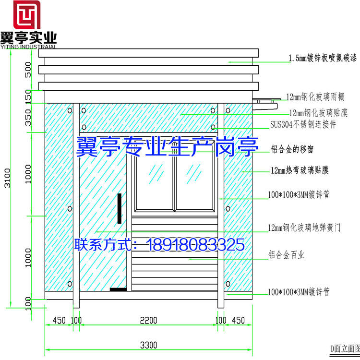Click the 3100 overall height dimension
click(x=6, y=178)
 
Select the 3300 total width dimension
click(x=149, y=345)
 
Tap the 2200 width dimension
click(x=149, y=320)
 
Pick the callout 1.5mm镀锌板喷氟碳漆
click(x=322, y=59)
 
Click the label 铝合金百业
click(x=287, y=255)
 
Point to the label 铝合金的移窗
click(x=292, y=149)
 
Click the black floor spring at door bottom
click(x=118, y=289)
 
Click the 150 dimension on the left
click(x=28, y=96)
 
